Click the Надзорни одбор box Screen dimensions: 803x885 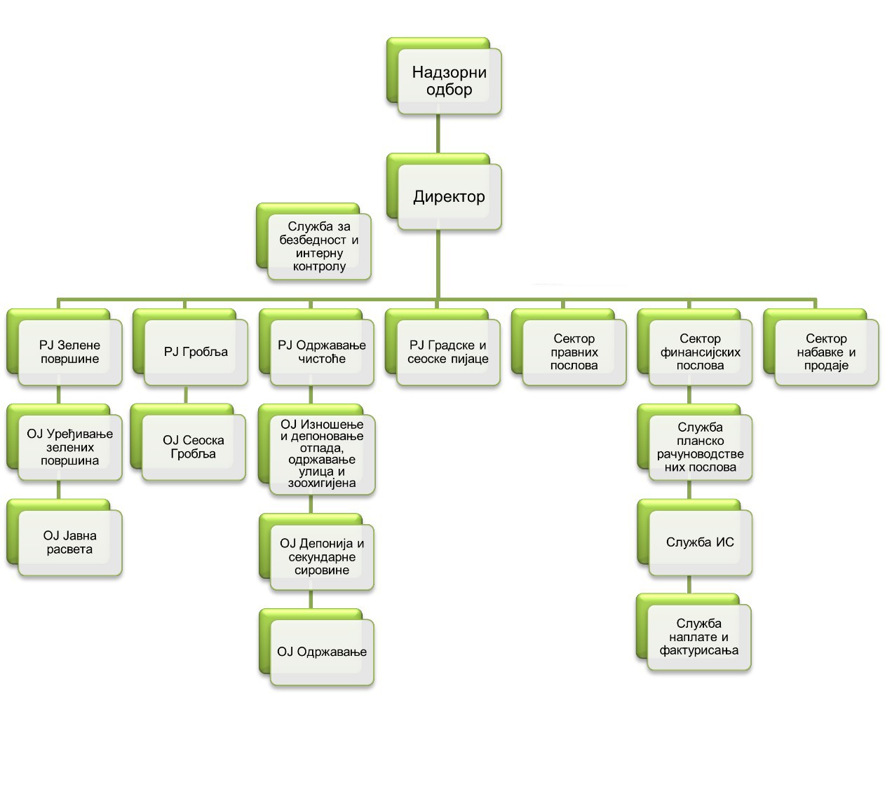click(449, 81)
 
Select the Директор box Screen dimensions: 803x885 click(449, 197)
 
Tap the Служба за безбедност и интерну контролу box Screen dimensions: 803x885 click(319, 247)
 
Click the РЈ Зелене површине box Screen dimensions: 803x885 click(69, 352)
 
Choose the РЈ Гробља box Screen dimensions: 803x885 click(196, 352)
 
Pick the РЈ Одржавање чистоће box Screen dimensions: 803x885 click(322, 352)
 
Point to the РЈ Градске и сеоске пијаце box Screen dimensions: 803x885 click(448, 352)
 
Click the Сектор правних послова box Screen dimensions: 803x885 click(574, 352)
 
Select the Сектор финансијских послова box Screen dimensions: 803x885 click(701, 352)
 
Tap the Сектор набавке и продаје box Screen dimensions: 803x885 click(827, 352)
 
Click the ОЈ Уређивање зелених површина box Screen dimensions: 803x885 click(69, 447)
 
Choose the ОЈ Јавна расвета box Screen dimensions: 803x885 click(69, 542)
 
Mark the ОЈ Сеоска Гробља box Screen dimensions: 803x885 click(194, 447)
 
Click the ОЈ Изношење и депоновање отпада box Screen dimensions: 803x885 click(322, 454)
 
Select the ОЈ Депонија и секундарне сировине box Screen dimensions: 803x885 click(322, 556)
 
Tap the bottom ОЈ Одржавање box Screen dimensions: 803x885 click(322, 652)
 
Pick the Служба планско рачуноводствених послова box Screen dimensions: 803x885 click(701, 447)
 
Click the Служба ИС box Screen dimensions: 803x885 click(701, 542)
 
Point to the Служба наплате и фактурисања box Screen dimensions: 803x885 click(699, 637)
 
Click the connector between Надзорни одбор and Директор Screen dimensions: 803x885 click(438, 134)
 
